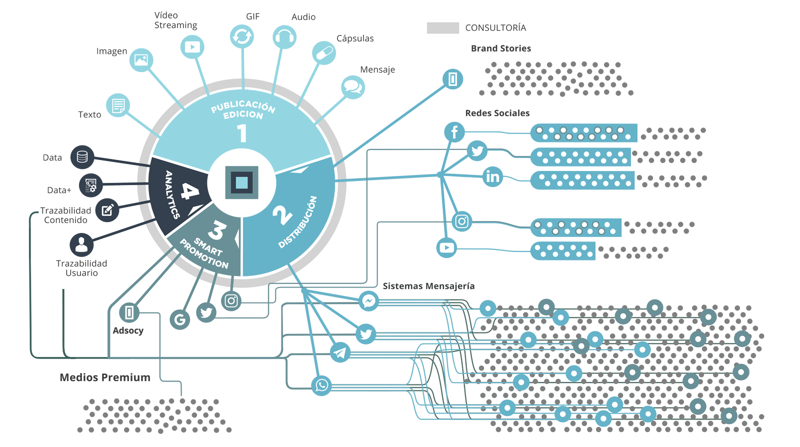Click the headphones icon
pos(284,37)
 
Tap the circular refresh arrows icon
pos(242,36)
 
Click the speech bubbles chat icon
pos(353,87)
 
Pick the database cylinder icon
pos(82,157)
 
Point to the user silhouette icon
pos(81,245)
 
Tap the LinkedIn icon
pos(492,176)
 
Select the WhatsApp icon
pos(321,385)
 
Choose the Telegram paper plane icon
pos(340,352)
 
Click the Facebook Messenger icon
pos(368,301)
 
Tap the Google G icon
pos(180,319)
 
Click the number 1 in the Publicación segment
pos(242,133)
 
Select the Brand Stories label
pos(501,48)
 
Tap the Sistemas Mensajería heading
pos(428,286)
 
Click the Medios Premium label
pos(105,377)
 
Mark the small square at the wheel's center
pos(241,182)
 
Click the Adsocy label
pos(128,331)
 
